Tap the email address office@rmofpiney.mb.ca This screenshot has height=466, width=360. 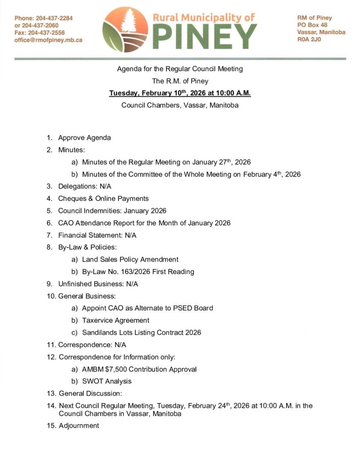(x=48, y=40)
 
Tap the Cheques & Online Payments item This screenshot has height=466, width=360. (x=103, y=198)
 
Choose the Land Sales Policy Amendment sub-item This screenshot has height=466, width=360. (x=130, y=259)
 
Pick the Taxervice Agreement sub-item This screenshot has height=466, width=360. (x=116, y=320)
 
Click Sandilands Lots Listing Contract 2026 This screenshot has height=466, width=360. (x=142, y=333)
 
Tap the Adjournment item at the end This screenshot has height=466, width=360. (x=79, y=425)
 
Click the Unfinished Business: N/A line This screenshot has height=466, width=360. (x=98, y=284)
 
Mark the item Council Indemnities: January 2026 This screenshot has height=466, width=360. (x=112, y=211)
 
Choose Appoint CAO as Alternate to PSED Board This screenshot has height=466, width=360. (x=147, y=308)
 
